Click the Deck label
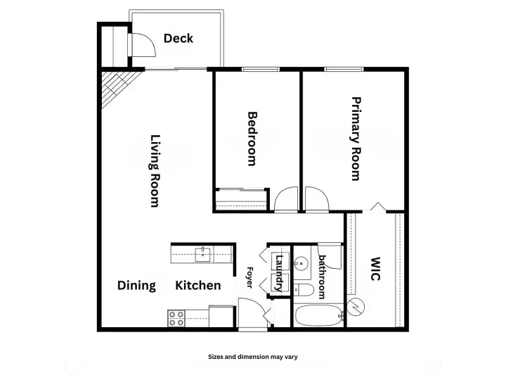tap(179, 39)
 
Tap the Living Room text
tap(155, 171)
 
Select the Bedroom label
tap(252, 138)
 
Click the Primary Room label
tap(356, 139)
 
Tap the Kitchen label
tap(198, 285)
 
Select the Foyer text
tap(249, 278)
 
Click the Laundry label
tap(279, 273)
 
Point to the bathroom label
tap(322, 277)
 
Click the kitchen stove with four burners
tap(176, 319)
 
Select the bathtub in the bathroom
tap(318, 315)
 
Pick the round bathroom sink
tap(301, 265)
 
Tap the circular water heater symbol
tap(356, 308)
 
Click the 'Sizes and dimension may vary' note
tap(252, 357)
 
